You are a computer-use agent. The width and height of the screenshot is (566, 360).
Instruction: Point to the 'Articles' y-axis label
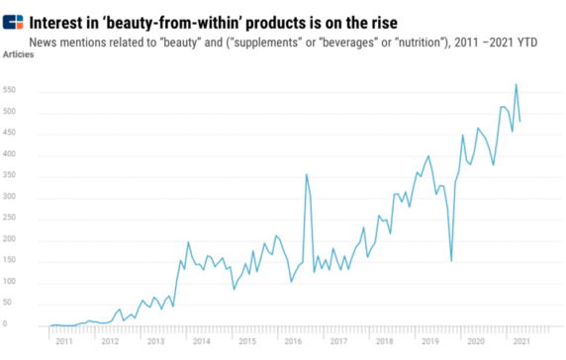point(20,56)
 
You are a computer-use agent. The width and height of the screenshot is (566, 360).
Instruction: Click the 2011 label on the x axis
point(63,341)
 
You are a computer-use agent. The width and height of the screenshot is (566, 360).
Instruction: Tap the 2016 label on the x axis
point(294,341)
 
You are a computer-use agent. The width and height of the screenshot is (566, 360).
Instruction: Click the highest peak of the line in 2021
point(516,84)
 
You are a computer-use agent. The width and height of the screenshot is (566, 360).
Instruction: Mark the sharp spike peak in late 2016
point(306,174)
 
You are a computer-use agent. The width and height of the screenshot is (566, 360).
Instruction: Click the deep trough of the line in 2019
point(451,261)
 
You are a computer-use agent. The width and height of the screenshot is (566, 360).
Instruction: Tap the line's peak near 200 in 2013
point(188,242)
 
